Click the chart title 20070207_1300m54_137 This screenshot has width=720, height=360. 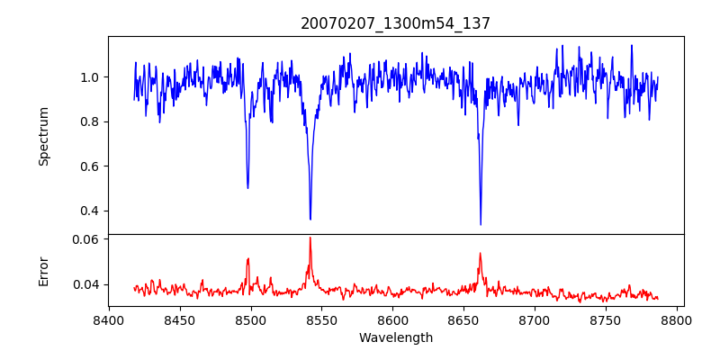[x=395, y=23]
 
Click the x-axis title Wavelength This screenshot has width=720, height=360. [x=395, y=338]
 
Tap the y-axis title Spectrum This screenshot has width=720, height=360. [x=44, y=136]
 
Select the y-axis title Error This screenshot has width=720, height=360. [x=44, y=271]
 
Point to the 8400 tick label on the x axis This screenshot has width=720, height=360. [x=109, y=319]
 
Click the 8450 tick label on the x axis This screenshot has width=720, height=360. [x=180, y=319]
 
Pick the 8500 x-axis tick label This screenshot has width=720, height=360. [x=251, y=319]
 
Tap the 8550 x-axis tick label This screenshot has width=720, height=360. [x=322, y=319]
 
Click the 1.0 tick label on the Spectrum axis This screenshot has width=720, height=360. [x=90, y=77]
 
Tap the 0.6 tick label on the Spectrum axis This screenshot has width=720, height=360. [x=90, y=166]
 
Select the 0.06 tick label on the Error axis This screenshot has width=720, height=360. [x=86, y=240]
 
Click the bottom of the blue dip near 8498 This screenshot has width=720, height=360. [x=247, y=187]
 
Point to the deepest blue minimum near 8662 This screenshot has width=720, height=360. [x=481, y=224]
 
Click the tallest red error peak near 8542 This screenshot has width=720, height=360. [x=310, y=238]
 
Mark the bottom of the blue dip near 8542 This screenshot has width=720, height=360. [x=310, y=219]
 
